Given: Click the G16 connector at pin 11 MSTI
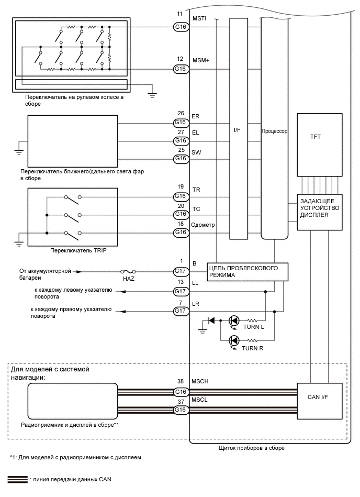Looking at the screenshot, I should pyautogui.click(x=181, y=27).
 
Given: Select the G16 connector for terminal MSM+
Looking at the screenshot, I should pyautogui.click(x=181, y=69).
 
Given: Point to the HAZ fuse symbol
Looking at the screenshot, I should pyautogui.click(x=128, y=271).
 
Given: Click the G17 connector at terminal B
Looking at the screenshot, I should pyautogui.click(x=181, y=271).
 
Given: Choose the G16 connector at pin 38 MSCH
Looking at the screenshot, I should pyautogui.click(x=181, y=391).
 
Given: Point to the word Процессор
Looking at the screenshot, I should pyautogui.click(x=275, y=131).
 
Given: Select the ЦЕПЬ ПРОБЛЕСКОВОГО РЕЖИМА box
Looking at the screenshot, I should pyautogui.click(x=248, y=271).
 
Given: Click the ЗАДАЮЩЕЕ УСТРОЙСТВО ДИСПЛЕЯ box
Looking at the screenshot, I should pyautogui.click(x=319, y=212).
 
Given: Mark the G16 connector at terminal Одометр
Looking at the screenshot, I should pyautogui.click(x=181, y=232).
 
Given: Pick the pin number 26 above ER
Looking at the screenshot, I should pyautogui.click(x=181, y=113).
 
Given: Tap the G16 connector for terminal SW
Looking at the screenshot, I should pyautogui.click(x=181, y=158).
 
